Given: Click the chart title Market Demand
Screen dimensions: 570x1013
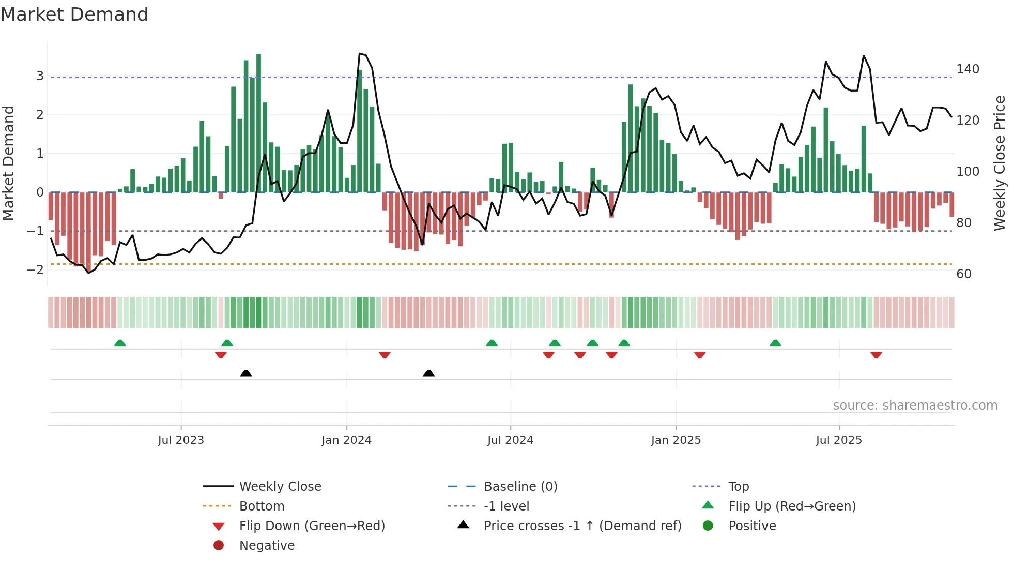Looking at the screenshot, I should point(74,14).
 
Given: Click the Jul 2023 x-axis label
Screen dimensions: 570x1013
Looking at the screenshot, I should point(181,440).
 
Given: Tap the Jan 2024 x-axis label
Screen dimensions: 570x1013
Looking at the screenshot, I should point(346,440).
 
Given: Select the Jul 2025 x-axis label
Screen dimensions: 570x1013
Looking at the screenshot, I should point(839,440).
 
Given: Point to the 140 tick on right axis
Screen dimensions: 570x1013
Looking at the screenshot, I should point(968,69).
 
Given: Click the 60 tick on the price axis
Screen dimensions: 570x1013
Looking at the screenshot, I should point(964,274).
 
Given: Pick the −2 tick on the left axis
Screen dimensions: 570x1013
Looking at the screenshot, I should point(35,269).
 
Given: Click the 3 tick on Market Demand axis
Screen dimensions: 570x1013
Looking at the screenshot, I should point(40,76).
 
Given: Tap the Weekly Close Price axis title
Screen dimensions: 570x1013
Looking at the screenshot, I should point(1000,163).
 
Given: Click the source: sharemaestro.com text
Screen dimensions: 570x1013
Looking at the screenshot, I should point(915,406).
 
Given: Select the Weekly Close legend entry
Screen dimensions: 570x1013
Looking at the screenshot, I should point(280,487).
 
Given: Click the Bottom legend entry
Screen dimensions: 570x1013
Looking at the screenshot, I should point(262,506).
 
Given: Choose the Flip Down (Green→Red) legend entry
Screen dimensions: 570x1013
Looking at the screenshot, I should point(312,526).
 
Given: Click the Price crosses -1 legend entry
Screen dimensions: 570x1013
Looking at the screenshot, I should point(582,526).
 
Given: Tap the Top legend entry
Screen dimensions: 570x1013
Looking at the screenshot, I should point(739,487).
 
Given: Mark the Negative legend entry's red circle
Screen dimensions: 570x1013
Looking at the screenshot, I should point(219,546).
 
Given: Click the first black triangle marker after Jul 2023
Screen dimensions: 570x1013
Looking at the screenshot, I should point(246,373).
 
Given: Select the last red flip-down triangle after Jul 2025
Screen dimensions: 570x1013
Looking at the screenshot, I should point(876,355).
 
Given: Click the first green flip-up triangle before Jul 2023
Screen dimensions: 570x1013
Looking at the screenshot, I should point(120,343).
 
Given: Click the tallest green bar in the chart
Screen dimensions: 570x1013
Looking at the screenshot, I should point(258,124).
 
